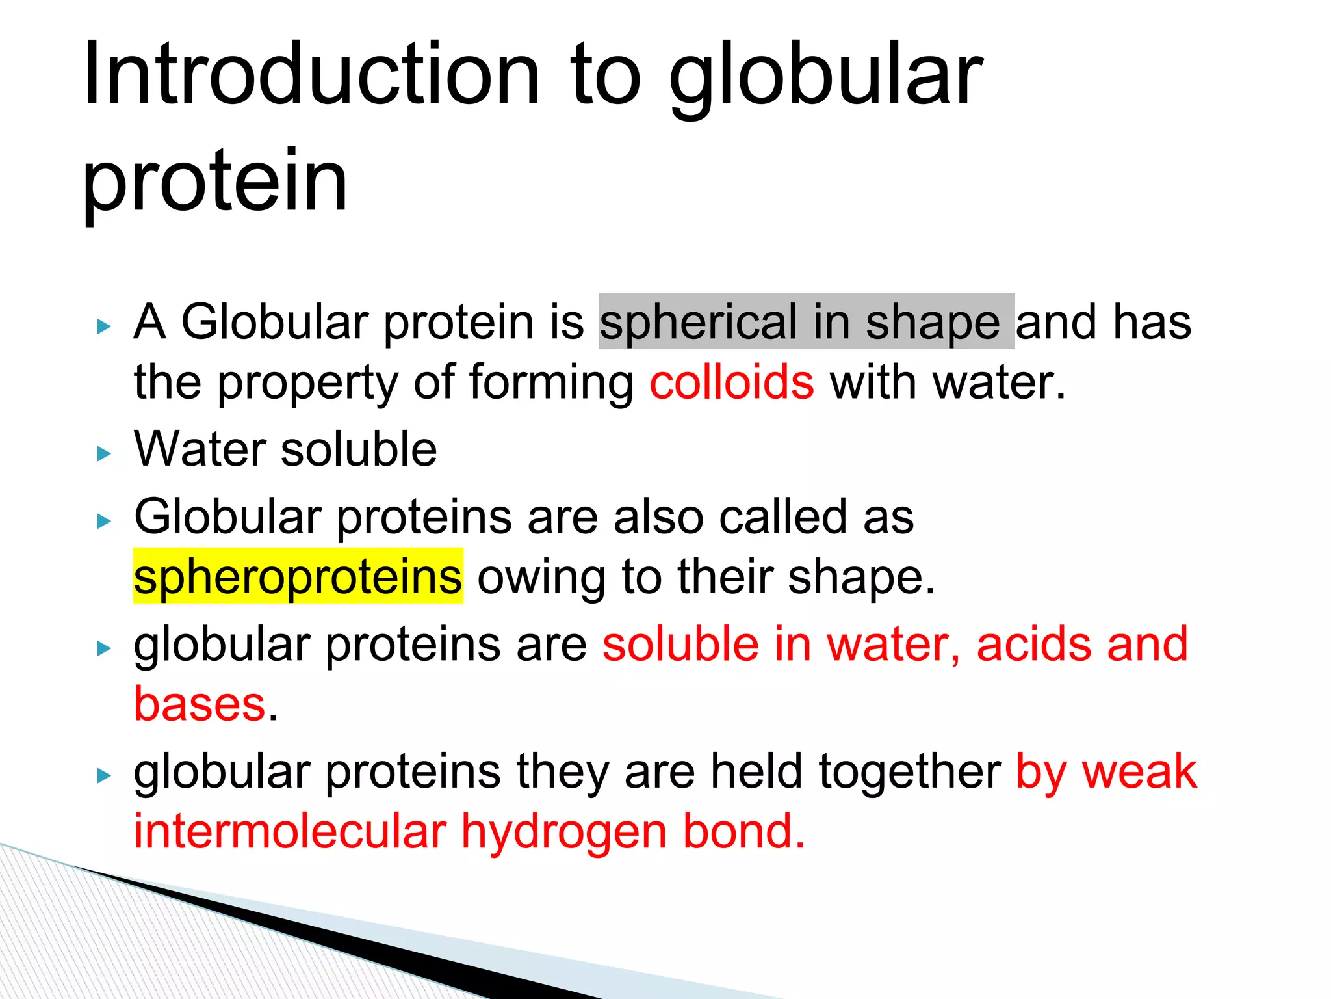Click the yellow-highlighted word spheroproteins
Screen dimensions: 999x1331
298,577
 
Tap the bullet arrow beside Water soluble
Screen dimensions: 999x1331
104,453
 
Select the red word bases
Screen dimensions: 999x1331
200,704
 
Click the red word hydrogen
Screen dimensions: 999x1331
564,832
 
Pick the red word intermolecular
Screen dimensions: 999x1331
291,832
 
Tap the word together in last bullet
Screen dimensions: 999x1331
910,771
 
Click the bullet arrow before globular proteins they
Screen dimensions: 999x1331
104,775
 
